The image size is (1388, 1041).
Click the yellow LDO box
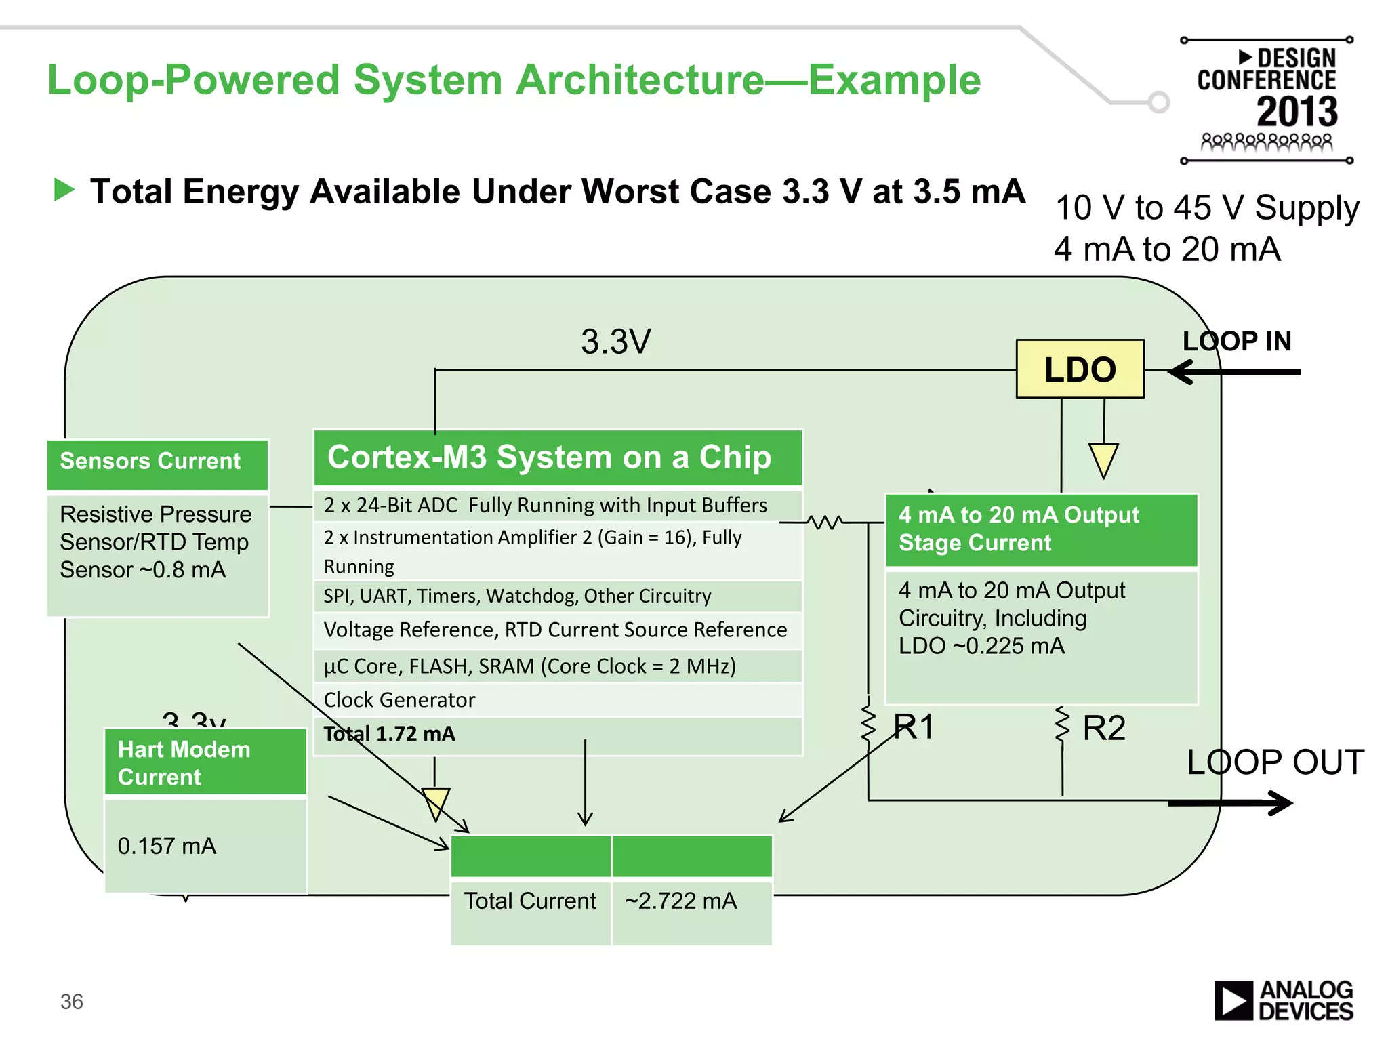click(x=1080, y=369)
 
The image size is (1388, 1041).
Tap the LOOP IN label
click(x=1237, y=341)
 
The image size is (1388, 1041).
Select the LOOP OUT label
click(x=1275, y=762)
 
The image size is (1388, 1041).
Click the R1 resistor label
click(x=914, y=727)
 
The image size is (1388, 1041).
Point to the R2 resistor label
click(x=1104, y=729)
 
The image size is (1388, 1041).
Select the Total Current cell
click(x=530, y=901)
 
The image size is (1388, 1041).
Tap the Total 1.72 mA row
click(x=558, y=734)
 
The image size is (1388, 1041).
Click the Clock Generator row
click(x=558, y=700)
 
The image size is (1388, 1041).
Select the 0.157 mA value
click(x=167, y=846)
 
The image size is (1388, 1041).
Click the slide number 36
click(x=72, y=1002)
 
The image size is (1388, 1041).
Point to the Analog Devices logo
click(x=1284, y=1001)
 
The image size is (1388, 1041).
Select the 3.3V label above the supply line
click(x=615, y=342)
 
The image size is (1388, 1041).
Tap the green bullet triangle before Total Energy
click(x=64, y=190)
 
